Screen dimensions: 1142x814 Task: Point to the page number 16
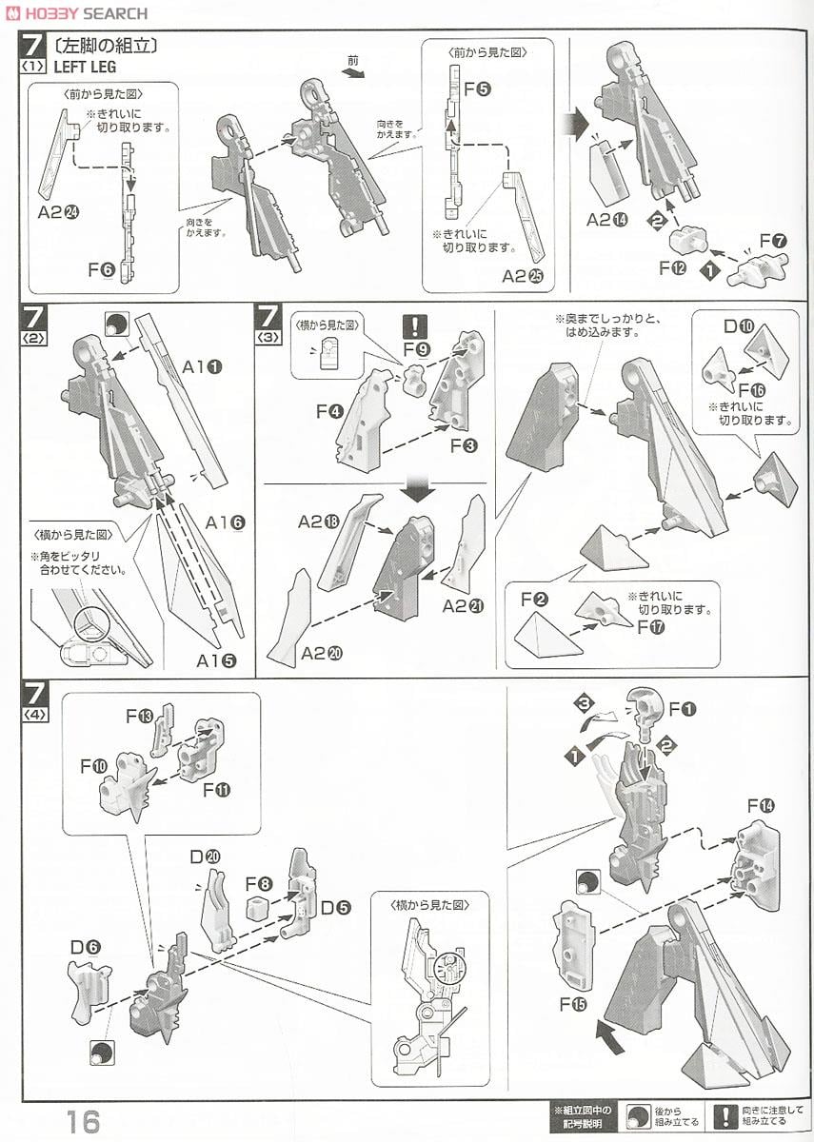click(83, 1120)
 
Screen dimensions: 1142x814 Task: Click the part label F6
click(102, 270)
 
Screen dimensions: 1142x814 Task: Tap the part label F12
click(673, 268)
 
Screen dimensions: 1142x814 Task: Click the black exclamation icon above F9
click(415, 326)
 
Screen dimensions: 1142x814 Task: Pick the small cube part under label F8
click(254, 906)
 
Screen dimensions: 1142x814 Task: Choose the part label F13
click(140, 715)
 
